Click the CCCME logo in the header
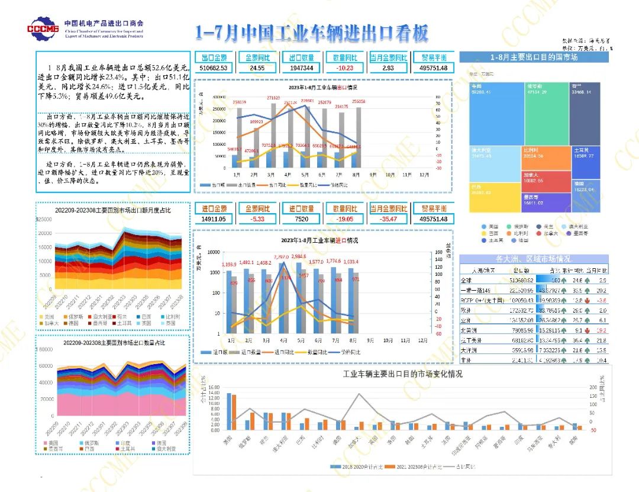[43, 28]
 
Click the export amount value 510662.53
[214, 69]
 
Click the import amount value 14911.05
[214, 219]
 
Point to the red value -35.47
[389, 219]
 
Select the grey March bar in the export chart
[274, 136]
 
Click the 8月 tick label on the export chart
[355, 175]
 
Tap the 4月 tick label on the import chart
[283, 341]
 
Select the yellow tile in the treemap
[491, 198]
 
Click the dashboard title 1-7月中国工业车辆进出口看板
[312, 33]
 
